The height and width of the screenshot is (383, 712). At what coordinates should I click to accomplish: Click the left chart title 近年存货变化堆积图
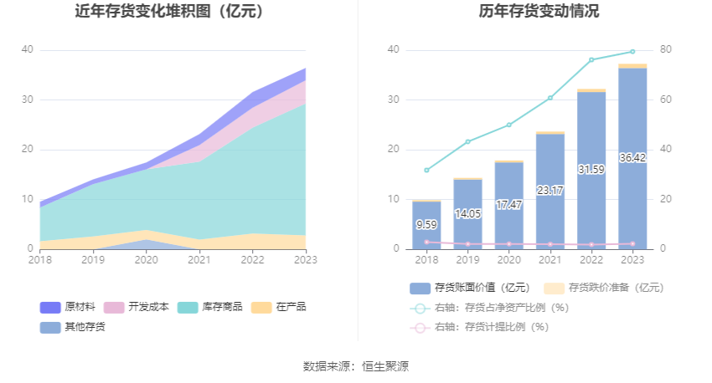(x=169, y=12)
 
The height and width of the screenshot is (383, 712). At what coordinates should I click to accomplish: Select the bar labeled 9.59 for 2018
(x=426, y=225)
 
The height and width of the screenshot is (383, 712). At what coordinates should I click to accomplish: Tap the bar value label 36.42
(x=632, y=158)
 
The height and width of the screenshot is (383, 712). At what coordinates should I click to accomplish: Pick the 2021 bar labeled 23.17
(x=550, y=191)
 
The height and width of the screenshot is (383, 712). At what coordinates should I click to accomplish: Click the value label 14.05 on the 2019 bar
(x=467, y=214)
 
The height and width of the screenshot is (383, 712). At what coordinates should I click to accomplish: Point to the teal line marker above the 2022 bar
(x=591, y=59)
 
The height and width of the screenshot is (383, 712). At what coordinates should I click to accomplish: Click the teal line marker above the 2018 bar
(x=426, y=170)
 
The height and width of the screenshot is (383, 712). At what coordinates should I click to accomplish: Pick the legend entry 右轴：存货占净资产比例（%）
(x=489, y=308)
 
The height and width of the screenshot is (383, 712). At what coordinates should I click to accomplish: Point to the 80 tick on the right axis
(x=666, y=50)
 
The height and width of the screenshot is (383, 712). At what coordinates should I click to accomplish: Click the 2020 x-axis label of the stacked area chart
(x=147, y=260)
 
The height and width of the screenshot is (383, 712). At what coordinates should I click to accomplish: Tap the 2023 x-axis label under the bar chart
(x=632, y=260)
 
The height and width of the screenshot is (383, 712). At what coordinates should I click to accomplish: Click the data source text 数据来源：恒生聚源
(x=356, y=366)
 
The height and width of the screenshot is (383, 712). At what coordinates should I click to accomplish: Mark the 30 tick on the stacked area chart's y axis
(x=28, y=100)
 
